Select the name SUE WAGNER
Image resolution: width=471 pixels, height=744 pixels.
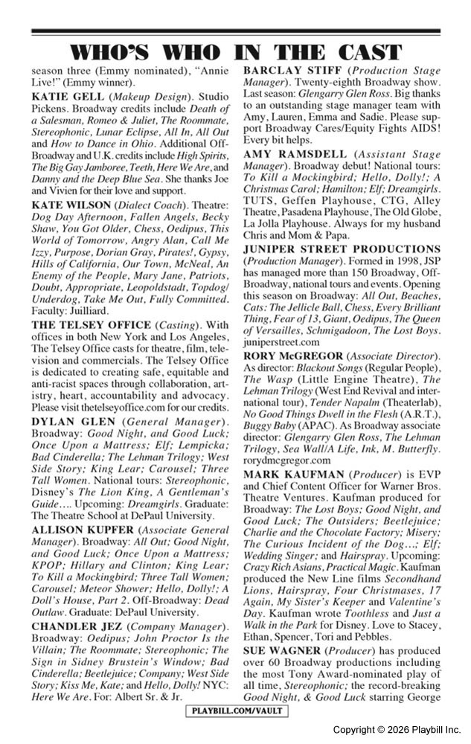click(283, 650)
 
